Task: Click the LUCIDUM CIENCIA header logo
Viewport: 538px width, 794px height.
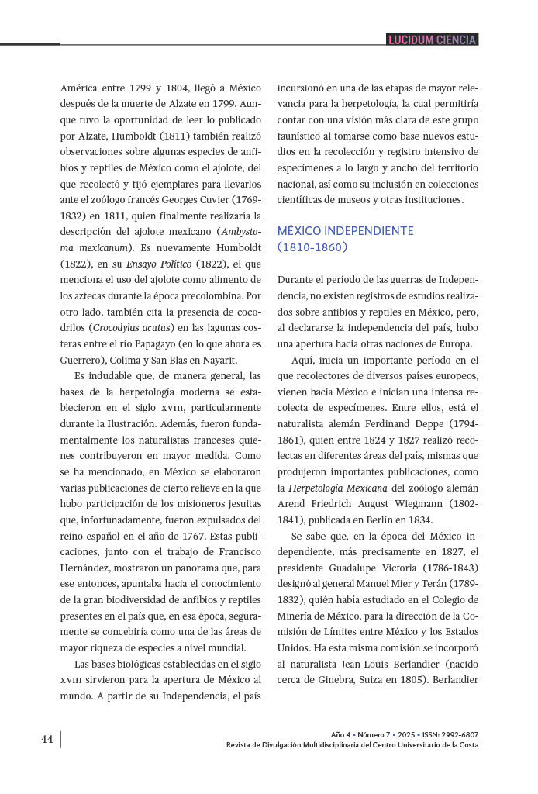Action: (432, 40)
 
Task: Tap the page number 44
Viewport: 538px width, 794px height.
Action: (47, 739)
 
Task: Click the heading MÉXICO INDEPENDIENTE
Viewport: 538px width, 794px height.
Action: (345, 231)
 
